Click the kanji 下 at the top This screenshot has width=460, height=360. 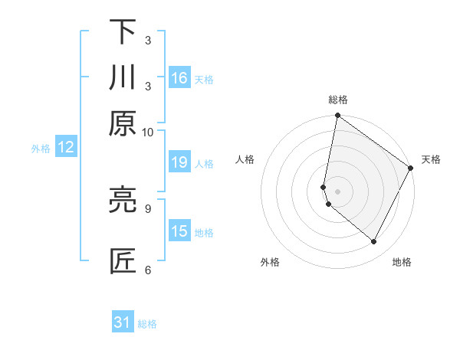point(123,32)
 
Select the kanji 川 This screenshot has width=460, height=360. point(123,77)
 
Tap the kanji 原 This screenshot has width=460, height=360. point(123,123)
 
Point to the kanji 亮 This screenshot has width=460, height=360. point(123,200)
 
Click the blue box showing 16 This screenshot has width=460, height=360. point(179,78)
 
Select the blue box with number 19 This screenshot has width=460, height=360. point(179,162)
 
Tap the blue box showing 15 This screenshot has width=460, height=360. point(179,231)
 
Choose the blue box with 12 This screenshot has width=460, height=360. point(66,148)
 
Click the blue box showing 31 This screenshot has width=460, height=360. point(123,322)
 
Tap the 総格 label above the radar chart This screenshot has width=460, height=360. point(338,100)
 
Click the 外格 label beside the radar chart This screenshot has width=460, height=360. point(270,263)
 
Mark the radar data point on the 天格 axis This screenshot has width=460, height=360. point(411,169)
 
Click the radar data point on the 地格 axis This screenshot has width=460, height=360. point(374,242)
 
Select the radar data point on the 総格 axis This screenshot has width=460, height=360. point(337,116)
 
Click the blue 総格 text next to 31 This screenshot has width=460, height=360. point(148,324)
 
